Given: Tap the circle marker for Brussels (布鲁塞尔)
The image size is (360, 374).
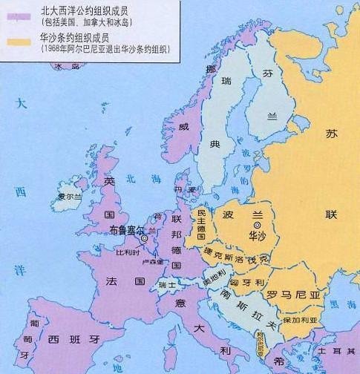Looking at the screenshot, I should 146,237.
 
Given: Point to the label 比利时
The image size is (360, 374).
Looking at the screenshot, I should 128,252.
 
